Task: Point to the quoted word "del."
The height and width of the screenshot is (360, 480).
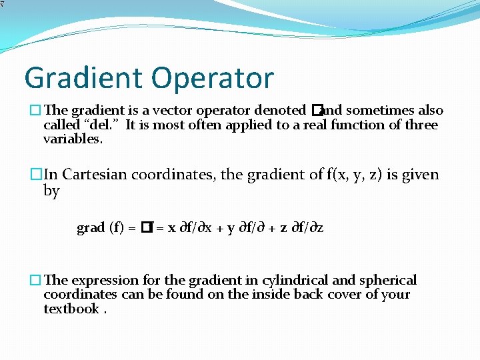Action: pyautogui.click(x=101, y=125)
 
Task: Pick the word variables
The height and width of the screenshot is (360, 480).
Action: pyautogui.click(x=73, y=139)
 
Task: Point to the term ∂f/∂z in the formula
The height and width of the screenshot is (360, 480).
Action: pyautogui.click(x=306, y=228)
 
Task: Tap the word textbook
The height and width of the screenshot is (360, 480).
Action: pyautogui.click(x=71, y=309)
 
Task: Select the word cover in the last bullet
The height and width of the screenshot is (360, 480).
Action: pyautogui.click(x=346, y=295)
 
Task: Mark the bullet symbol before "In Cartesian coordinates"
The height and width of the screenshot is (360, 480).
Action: pyautogui.click(x=36, y=175)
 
